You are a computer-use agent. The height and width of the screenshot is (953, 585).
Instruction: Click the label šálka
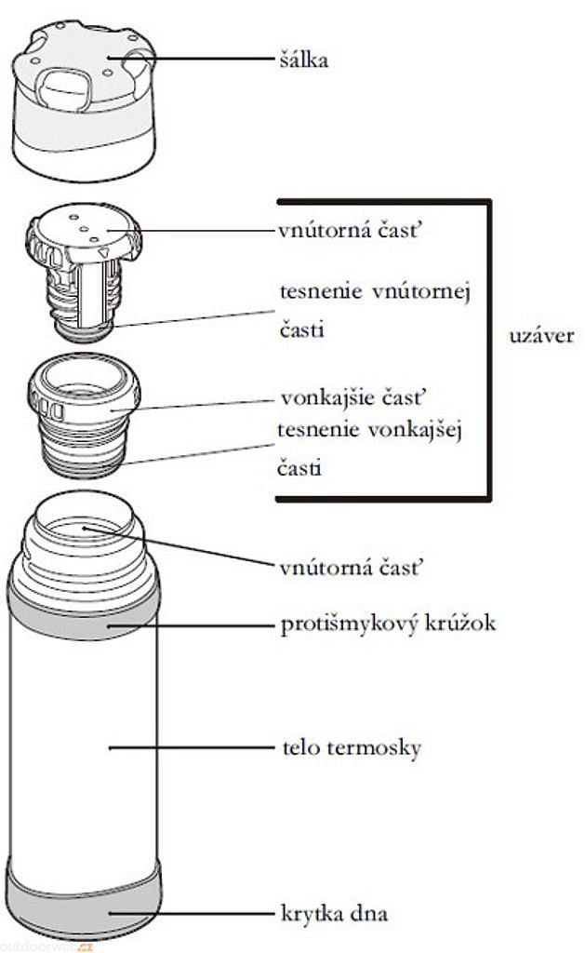(x=304, y=61)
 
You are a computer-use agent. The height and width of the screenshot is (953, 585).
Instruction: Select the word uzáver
(x=542, y=335)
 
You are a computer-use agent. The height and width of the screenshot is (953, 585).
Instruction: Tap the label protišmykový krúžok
(x=388, y=624)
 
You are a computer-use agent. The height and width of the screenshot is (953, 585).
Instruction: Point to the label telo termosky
(x=351, y=747)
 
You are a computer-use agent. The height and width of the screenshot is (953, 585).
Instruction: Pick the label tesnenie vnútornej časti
(x=375, y=311)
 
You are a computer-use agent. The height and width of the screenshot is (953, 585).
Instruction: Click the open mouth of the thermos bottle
(x=86, y=524)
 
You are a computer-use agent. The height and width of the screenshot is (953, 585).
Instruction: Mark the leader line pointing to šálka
(x=205, y=60)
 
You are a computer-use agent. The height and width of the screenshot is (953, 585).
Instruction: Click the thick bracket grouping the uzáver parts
(x=488, y=349)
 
